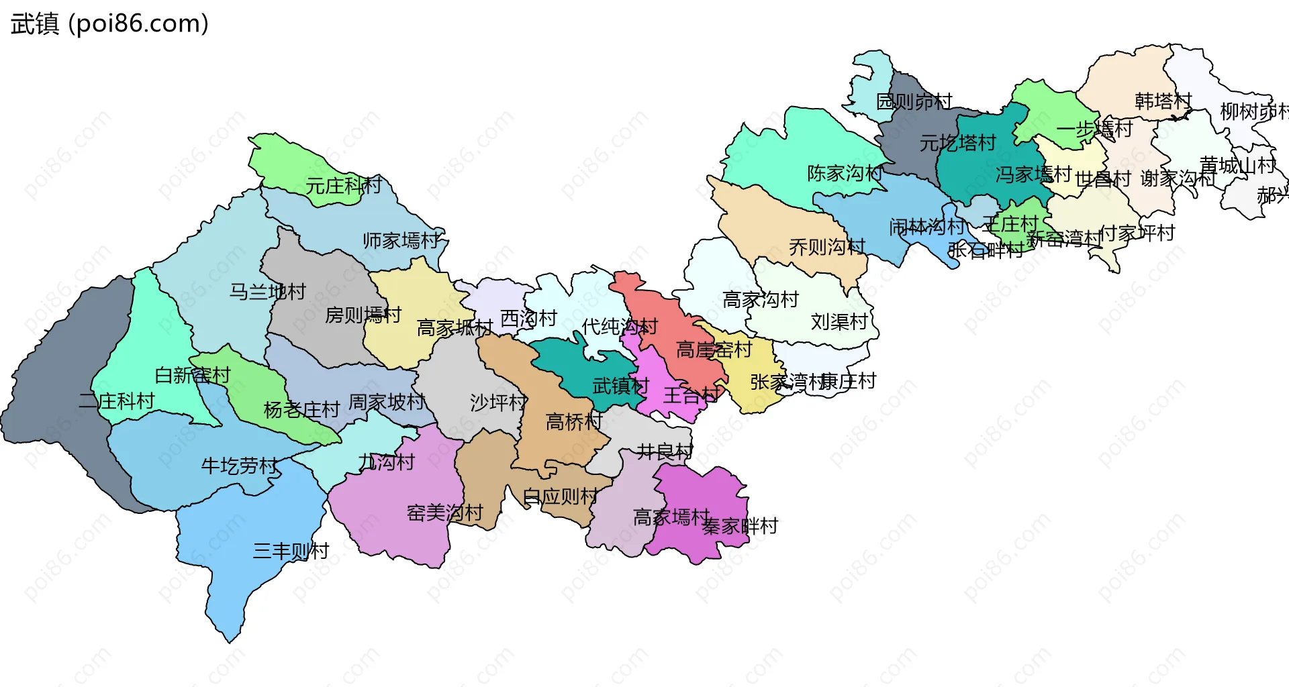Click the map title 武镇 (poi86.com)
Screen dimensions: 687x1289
pyautogui.click(x=109, y=24)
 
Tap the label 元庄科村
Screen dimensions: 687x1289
pyautogui.click(x=344, y=185)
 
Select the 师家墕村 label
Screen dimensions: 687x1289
pyautogui.click(x=401, y=240)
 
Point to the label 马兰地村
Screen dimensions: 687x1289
pyautogui.click(x=267, y=291)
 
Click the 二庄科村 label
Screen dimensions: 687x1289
pyautogui.click(x=117, y=401)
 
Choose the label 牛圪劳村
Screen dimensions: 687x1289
pyautogui.click(x=240, y=466)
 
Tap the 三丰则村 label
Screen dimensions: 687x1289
pyautogui.click(x=291, y=551)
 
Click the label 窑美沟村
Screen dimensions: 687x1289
pyautogui.click(x=444, y=513)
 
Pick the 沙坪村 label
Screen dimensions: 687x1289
pyautogui.click(x=498, y=403)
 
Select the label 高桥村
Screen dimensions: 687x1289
pyautogui.click(x=574, y=421)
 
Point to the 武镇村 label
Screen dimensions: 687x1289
pyautogui.click(x=620, y=386)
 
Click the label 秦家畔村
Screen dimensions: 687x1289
pyautogui.click(x=740, y=526)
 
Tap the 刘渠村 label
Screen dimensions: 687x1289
pyautogui.click(x=839, y=322)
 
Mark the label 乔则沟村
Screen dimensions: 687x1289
pyautogui.click(x=827, y=247)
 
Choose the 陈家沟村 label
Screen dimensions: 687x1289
pyautogui.click(x=845, y=173)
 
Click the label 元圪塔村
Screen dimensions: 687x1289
pyautogui.click(x=957, y=143)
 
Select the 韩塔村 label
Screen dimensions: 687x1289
pyautogui.click(x=1163, y=101)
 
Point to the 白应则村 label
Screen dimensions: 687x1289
pyautogui.click(x=560, y=496)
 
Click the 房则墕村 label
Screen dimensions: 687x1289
pyautogui.click(x=363, y=315)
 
